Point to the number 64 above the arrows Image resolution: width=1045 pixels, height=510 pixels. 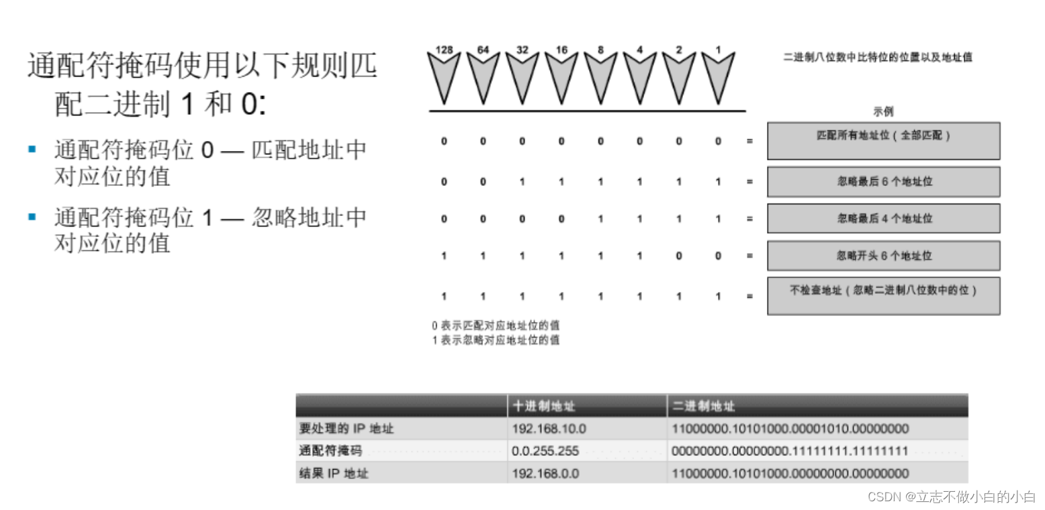pyautogui.click(x=483, y=50)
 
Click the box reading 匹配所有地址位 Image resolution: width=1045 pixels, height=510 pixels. pyautogui.click(x=883, y=140)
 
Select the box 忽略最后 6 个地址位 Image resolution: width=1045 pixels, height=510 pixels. pyautogui.click(x=883, y=181)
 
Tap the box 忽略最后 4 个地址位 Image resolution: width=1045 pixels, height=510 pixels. pyautogui.click(x=883, y=218)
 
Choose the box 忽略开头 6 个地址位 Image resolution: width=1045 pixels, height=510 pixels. pyautogui.click(x=883, y=256)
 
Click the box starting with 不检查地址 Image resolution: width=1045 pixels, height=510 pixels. pyautogui.click(x=883, y=295)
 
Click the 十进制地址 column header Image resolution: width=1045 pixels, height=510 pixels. pyautogui.click(x=544, y=406)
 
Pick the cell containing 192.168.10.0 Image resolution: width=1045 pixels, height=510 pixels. pyautogui.click(x=549, y=429)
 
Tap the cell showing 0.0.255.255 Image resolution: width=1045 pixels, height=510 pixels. pyautogui.click(x=545, y=451)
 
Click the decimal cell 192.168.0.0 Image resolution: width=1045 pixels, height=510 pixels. pyautogui.click(x=545, y=474)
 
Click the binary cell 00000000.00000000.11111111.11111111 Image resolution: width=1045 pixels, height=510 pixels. pyautogui.click(x=790, y=451)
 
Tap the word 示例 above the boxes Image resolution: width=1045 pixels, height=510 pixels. pyautogui.click(x=883, y=111)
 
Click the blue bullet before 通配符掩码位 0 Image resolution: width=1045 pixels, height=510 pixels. pyautogui.click(x=32, y=149)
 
